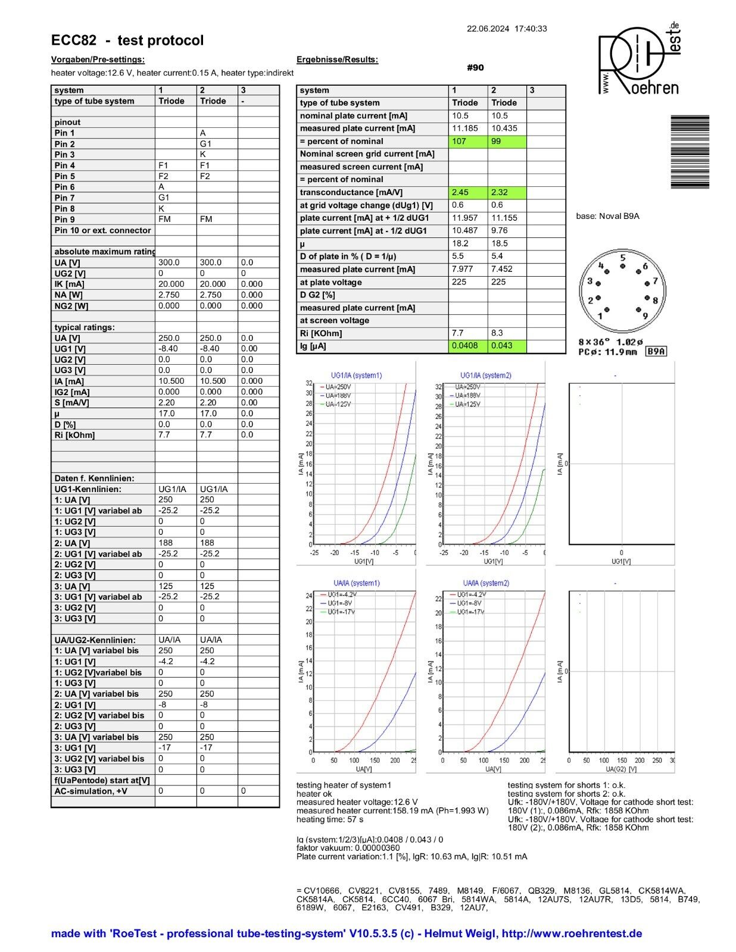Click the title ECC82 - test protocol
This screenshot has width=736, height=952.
click(x=127, y=40)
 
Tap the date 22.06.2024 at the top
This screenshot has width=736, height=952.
click(x=488, y=29)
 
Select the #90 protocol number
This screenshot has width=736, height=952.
click(x=475, y=68)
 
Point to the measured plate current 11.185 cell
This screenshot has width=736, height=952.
click(x=467, y=129)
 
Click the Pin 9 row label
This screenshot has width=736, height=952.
click(x=65, y=220)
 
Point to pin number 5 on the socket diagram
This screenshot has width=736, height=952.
click(x=623, y=258)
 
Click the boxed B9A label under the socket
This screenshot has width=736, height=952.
click(x=656, y=352)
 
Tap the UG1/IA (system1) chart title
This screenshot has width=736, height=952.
click(x=356, y=375)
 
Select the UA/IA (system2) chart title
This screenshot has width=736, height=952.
click(x=486, y=583)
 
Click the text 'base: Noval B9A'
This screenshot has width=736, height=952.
click(x=607, y=216)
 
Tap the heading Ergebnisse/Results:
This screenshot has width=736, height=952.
click(x=337, y=59)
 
